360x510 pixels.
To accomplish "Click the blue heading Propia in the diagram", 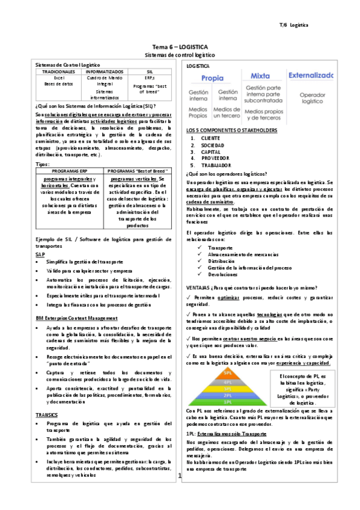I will [212, 78].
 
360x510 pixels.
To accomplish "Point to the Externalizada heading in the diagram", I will [311, 76].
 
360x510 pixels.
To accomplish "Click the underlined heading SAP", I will [40, 254].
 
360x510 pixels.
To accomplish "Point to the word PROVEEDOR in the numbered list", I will [216, 159].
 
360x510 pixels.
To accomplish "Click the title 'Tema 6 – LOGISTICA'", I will [180, 46].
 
